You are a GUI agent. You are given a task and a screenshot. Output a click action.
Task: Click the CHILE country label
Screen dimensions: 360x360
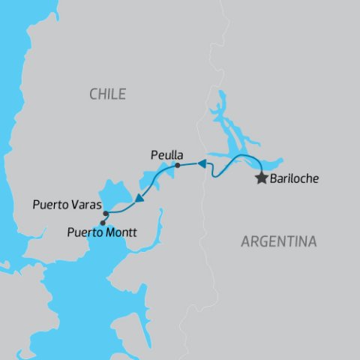(107, 94)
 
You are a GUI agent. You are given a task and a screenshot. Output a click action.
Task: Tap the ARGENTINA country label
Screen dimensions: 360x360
(278, 241)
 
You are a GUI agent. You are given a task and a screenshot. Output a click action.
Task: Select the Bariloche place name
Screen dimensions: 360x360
(294, 180)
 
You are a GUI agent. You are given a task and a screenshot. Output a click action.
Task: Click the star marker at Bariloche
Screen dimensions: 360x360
(261, 178)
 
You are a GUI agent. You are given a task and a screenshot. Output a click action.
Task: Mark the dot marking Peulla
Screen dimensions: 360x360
(177, 165)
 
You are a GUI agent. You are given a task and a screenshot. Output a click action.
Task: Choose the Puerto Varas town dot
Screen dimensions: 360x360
(106, 214)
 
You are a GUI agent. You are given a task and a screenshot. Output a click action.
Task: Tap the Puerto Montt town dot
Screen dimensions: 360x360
(102, 223)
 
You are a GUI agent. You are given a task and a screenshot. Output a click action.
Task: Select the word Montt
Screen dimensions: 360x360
(121, 232)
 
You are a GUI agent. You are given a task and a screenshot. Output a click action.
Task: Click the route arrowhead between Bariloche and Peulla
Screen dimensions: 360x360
(201, 163)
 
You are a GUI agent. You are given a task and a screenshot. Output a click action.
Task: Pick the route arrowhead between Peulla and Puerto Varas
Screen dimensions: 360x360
(139, 198)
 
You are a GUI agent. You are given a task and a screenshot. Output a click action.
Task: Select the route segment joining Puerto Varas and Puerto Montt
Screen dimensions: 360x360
(104, 218)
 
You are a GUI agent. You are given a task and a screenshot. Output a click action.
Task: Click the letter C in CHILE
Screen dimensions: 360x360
(93, 94)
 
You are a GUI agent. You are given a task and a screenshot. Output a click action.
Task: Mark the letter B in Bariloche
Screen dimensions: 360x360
(274, 180)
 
